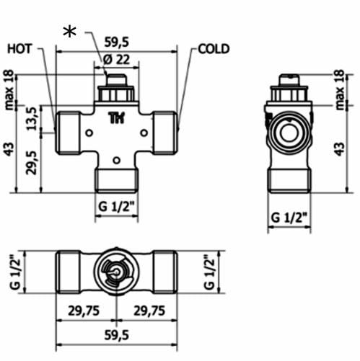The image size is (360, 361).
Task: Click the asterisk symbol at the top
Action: pyautogui.click(x=70, y=32)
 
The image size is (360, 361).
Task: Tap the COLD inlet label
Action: pyautogui.click(x=214, y=49)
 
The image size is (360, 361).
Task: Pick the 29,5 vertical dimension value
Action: pyautogui.click(x=32, y=163)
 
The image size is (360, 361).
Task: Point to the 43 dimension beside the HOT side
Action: pyautogui.click(x=9, y=149)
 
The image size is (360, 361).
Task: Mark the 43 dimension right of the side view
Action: pyautogui.click(x=340, y=149)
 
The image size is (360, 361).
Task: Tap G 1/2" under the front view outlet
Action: pyautogui.click(x=117, y=210)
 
